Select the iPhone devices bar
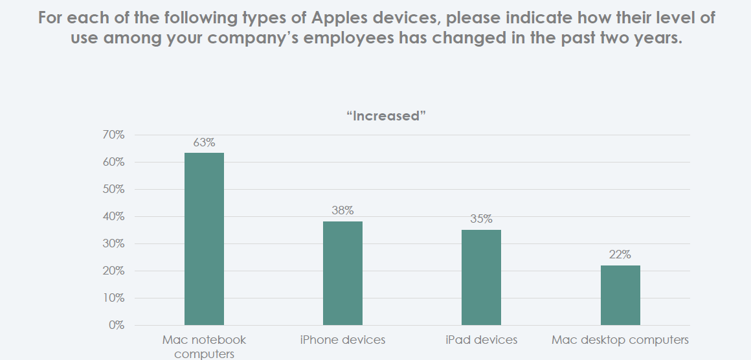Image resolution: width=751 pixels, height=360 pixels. [342, 273]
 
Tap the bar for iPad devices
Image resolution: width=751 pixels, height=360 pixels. [481, 277]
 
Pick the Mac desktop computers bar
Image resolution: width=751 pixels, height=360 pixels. [620, 295]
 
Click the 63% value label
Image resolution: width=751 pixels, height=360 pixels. [204, 142]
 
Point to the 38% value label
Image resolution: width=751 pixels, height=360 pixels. [342, 210]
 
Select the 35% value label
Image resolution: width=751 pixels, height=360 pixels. [481, 219]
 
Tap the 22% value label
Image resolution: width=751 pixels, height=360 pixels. [620, 254]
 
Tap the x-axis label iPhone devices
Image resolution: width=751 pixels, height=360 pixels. [342, 340]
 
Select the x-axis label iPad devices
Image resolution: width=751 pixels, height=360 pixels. [481, 340]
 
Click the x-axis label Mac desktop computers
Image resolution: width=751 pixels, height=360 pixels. [620, 340]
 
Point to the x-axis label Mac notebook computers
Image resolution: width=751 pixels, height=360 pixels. [204, 346]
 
